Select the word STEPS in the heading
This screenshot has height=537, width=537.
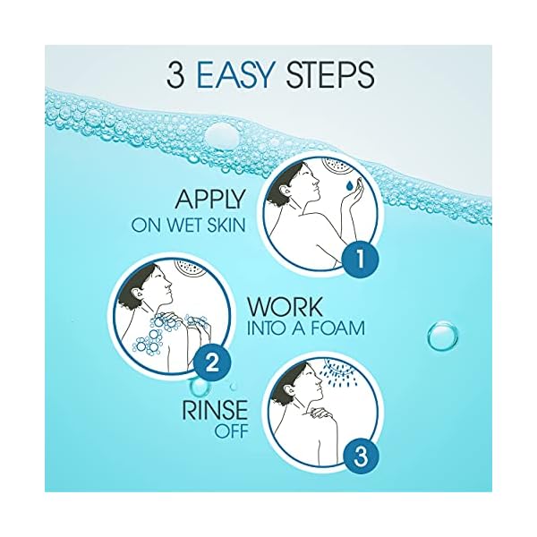pos(329,74)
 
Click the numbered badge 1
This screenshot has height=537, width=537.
pos(357,260)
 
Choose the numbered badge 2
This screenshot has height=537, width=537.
pos(214,363)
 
